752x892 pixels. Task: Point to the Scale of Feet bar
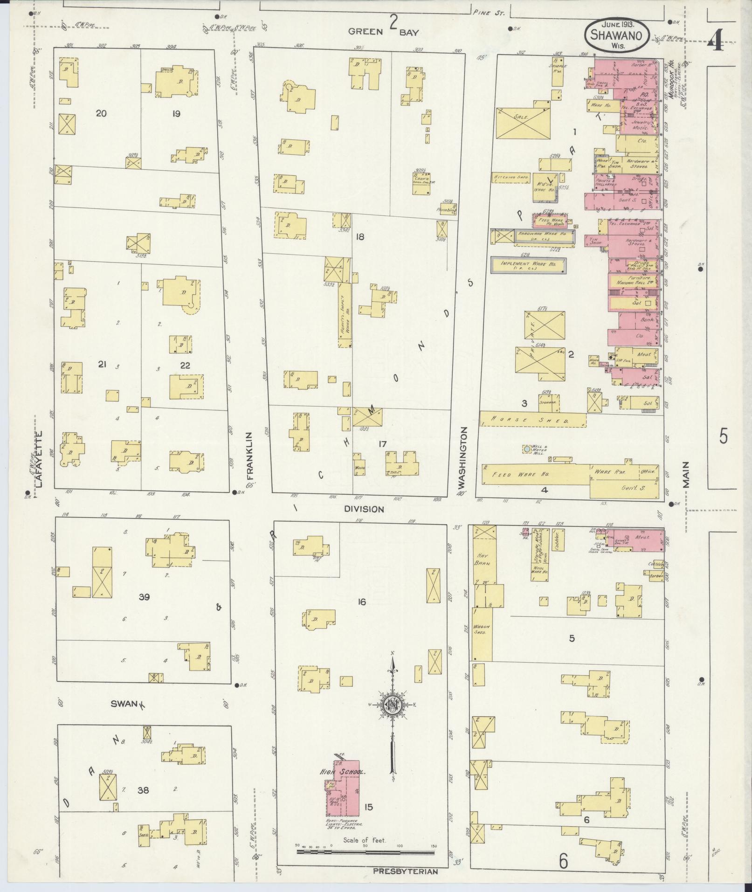click(x=365, y=851)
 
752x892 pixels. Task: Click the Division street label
click(x=364, y=509)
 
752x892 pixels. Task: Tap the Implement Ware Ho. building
click(x=528, y=265)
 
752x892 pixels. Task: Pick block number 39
click(x=144, y=596)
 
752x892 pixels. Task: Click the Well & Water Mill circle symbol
click(x=526, y=449)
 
